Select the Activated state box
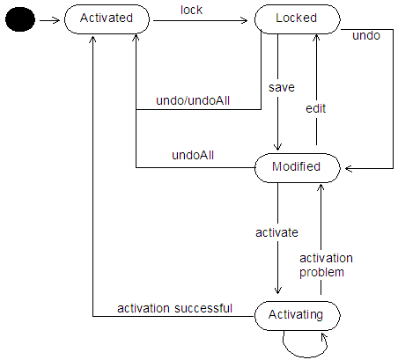coord(106,18)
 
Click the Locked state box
coord(296,18)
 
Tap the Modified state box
coord(296,166)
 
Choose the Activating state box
coord(296,313)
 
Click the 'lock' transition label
coord(191,10)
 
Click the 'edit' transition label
coord(316,107)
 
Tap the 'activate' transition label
coord(276,232)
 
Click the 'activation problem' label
coord(325,265)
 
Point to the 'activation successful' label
coord(174,308)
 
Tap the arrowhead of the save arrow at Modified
coord(278,147)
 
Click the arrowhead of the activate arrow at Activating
coord(278,295)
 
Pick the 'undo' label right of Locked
coord(365,36)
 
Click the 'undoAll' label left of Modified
coord(194,156)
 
